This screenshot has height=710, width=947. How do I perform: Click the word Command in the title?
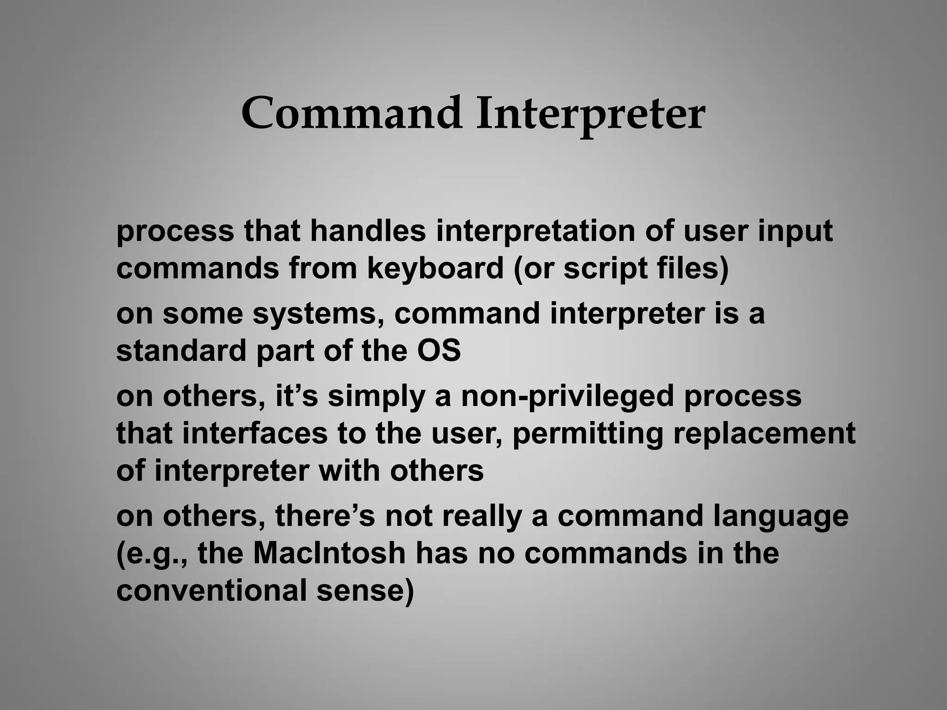point(351,114)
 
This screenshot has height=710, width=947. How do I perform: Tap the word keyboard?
point(435,269)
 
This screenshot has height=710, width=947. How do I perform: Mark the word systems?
point(320,314)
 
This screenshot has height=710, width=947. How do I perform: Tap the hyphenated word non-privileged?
point(568,397)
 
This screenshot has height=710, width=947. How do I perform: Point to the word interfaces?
point(255,433)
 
